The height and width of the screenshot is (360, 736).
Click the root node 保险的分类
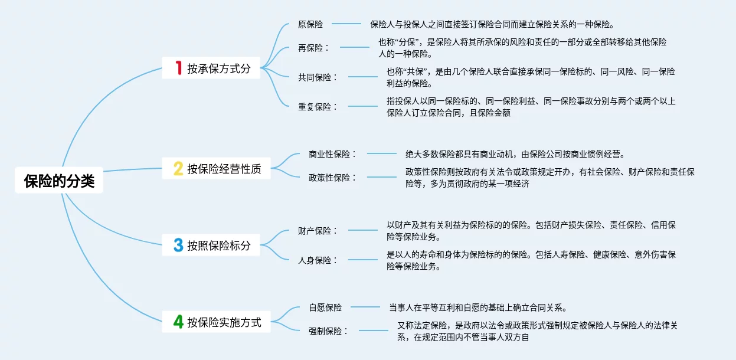(x=59, y=181)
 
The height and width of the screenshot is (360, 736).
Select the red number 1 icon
(x=178, y=68)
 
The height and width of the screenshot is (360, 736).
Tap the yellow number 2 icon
(x=178, y=169)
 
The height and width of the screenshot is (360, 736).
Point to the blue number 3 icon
(x=178, y=246)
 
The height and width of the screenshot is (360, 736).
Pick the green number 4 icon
(x=178, y=322)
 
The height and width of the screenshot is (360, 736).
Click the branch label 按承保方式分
(x=219, y=68)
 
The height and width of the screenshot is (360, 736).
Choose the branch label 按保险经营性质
(x=224, y=169)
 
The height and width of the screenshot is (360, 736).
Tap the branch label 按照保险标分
(x=219, y=246)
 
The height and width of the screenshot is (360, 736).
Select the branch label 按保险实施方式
(x=224, y=322)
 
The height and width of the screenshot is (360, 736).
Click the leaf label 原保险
(x=310, y=24)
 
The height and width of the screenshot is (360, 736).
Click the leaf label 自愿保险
(x=325, y=307)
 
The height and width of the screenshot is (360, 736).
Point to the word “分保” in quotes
(x=407, y=42)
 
